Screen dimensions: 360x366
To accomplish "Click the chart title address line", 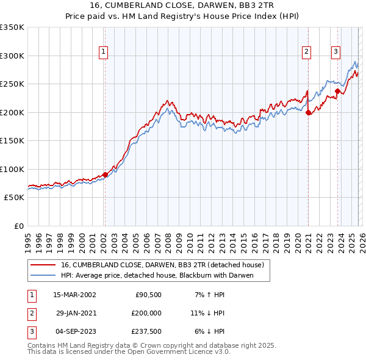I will point(182,6).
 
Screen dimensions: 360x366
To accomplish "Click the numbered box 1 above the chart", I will point(104,52).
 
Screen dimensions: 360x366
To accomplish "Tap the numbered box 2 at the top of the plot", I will point(306,52).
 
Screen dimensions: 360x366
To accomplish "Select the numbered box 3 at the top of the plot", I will point(335,52).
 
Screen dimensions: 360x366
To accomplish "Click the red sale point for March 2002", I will point(105,175).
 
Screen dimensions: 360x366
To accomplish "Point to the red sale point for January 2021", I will point(308,112).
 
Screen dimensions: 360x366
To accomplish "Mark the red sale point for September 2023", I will point(337,92).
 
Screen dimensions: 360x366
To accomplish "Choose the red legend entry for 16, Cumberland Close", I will point(162,265).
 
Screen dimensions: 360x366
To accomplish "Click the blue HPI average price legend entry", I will point(156,276).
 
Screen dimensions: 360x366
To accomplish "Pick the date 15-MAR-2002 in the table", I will point(74,295).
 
